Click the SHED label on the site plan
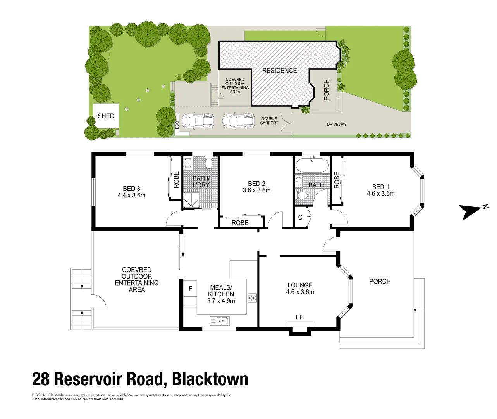tap(106, 116)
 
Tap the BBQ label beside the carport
tap(177, 125)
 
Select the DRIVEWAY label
tap(337, 124)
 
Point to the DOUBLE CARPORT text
tap(269, 121)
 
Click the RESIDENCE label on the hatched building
tap(279, 71)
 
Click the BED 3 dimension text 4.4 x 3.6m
tap(131, 195)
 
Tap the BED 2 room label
tap(256, 184)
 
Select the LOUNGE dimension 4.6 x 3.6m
tap(300, 292)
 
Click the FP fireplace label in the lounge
tap(299, 317)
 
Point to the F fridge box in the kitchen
tap(190, 289)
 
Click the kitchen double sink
tap(220, 321)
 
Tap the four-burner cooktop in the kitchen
tap(252, 298)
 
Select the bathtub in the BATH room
tap(312, 165)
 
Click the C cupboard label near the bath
tap(300, 217)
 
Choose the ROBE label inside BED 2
tap(240, 223)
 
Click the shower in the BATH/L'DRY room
tap(191, 200)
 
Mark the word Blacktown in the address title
tap(210, 379)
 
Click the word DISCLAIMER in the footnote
tap(43, 395)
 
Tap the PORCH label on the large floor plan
tap(380, 281)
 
